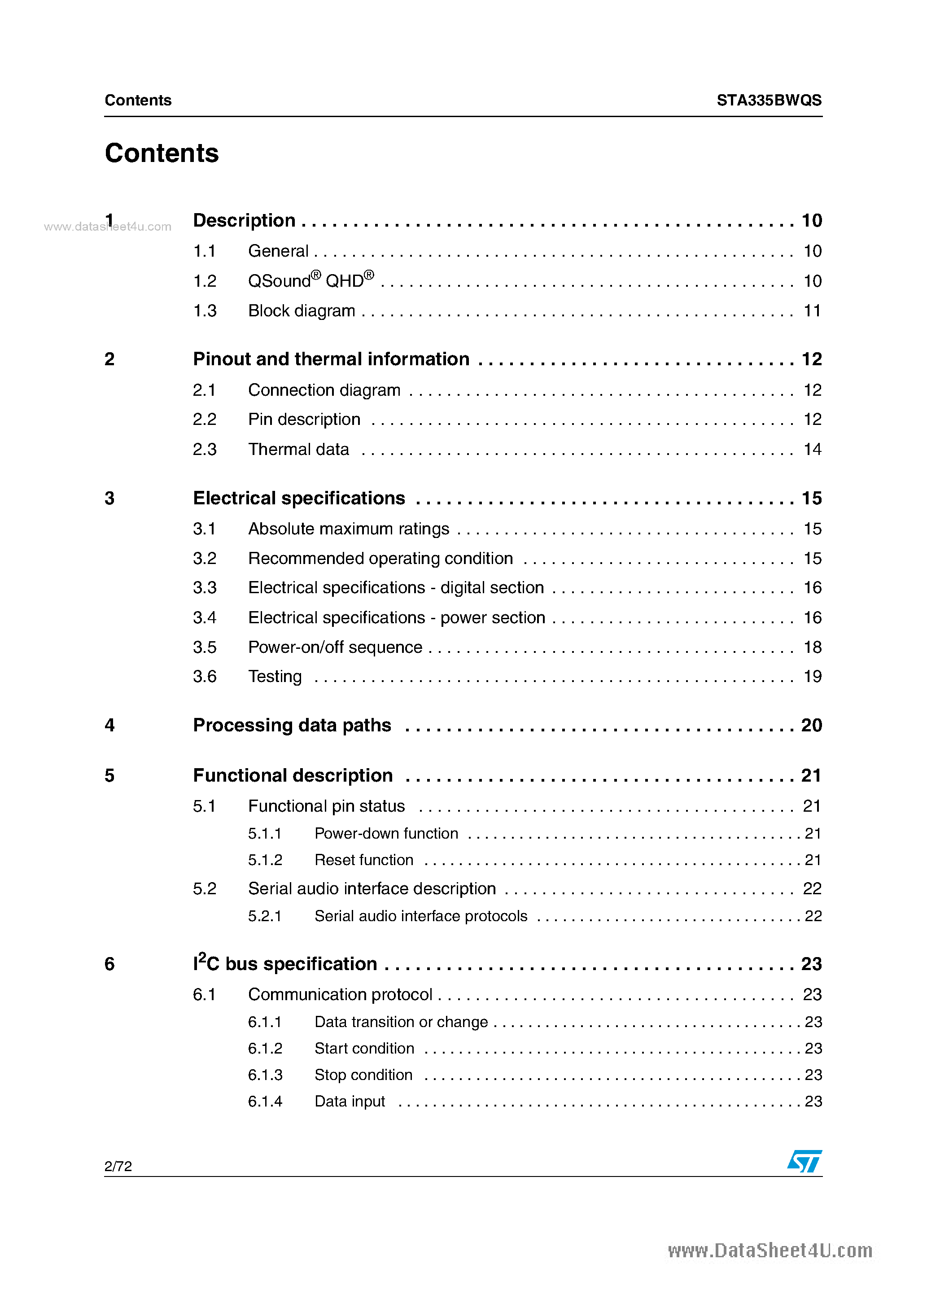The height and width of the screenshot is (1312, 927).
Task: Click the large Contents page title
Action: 162,153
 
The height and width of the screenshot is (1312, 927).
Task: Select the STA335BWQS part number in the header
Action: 769,100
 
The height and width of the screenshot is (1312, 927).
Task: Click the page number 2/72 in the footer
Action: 118,1166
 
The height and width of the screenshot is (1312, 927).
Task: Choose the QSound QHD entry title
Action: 311,280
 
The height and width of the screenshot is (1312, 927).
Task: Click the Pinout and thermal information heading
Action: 331,359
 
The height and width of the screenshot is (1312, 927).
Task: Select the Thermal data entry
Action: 298,449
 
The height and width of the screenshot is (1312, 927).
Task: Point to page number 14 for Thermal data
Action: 812,449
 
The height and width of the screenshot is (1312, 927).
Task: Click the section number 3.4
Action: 205,618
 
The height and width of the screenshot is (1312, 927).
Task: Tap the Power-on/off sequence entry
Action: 335,647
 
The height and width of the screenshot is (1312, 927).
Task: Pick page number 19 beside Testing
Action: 812,677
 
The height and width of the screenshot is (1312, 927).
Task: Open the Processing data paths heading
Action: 292,725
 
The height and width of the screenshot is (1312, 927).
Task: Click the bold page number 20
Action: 811,725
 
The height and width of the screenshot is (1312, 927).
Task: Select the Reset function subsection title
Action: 363,860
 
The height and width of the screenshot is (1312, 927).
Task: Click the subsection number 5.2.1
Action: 265,916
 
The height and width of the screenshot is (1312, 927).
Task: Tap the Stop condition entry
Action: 363,1075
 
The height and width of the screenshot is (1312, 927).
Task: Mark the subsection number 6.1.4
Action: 265,1101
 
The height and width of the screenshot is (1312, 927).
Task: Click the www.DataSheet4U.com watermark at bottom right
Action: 770,1251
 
